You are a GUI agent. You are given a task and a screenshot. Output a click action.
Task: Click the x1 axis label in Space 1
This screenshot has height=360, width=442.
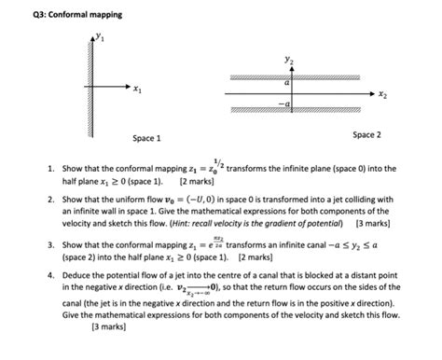click(138, 90)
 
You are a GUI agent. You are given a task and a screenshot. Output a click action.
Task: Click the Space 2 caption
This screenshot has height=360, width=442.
click(366, 135)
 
